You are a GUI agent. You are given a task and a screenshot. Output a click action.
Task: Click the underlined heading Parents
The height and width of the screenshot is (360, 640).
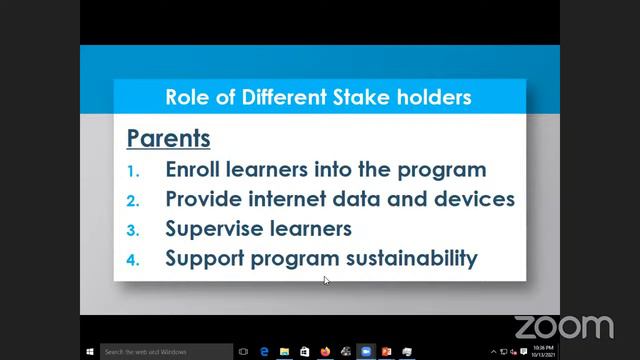pyautogui.click(x=168, y=137)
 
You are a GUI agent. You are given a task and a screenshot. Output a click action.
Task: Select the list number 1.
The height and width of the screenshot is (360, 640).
pyautogui.click(x=134, y=171)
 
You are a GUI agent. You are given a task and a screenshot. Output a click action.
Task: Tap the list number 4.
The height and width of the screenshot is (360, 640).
pyautogui.click(x=134, y=259)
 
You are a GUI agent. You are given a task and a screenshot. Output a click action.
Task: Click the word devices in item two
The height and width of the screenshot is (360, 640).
pyautogui.click(x=473, y=199)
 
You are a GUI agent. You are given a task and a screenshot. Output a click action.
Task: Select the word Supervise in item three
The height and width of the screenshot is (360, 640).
pyautogui.click(x=211, y=228)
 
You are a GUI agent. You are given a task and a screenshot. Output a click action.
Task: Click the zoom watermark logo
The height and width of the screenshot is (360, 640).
pyautogui.click(x=563, y=327)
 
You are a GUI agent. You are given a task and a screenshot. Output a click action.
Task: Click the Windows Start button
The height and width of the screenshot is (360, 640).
pyautogui.click(x=90, y=352)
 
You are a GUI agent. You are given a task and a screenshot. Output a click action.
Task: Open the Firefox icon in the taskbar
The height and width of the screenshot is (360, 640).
pyautogui.click(x=325, y=352)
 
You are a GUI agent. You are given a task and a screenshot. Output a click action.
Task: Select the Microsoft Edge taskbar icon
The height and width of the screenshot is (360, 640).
pyautogui.click(x=264, y=352)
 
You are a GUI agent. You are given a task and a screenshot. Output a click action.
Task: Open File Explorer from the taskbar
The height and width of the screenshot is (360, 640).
pyautogui.click(x=285, y=352)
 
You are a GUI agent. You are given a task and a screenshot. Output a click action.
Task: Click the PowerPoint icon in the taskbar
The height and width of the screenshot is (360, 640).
pyautogui.click(x=386, y=352)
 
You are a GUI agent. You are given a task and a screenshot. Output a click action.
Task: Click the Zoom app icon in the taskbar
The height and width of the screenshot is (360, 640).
pyautogui.click(x=366, y=352)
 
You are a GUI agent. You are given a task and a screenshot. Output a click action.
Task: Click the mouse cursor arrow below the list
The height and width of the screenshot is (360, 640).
pyautogui.click(x=327, y=281)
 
